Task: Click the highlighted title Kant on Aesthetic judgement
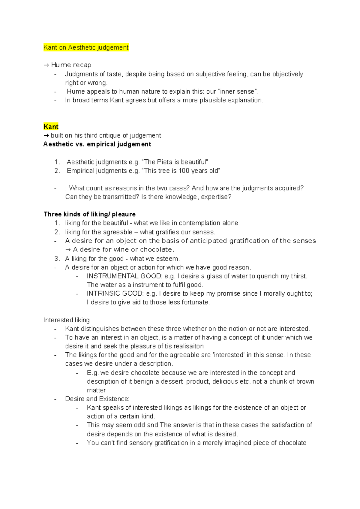(x=86, y=47)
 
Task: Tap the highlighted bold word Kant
(x=51, y=126)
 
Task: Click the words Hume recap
(x=71, y=65)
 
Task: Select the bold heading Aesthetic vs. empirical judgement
(x=97, y=144)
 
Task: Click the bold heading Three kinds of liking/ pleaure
(x=90, y=214)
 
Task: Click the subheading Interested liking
(x=67, y=320)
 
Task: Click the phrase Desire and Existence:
(x=97, y=399)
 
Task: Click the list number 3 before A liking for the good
(x=57, y=259)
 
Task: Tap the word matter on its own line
(x=96, y=390)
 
